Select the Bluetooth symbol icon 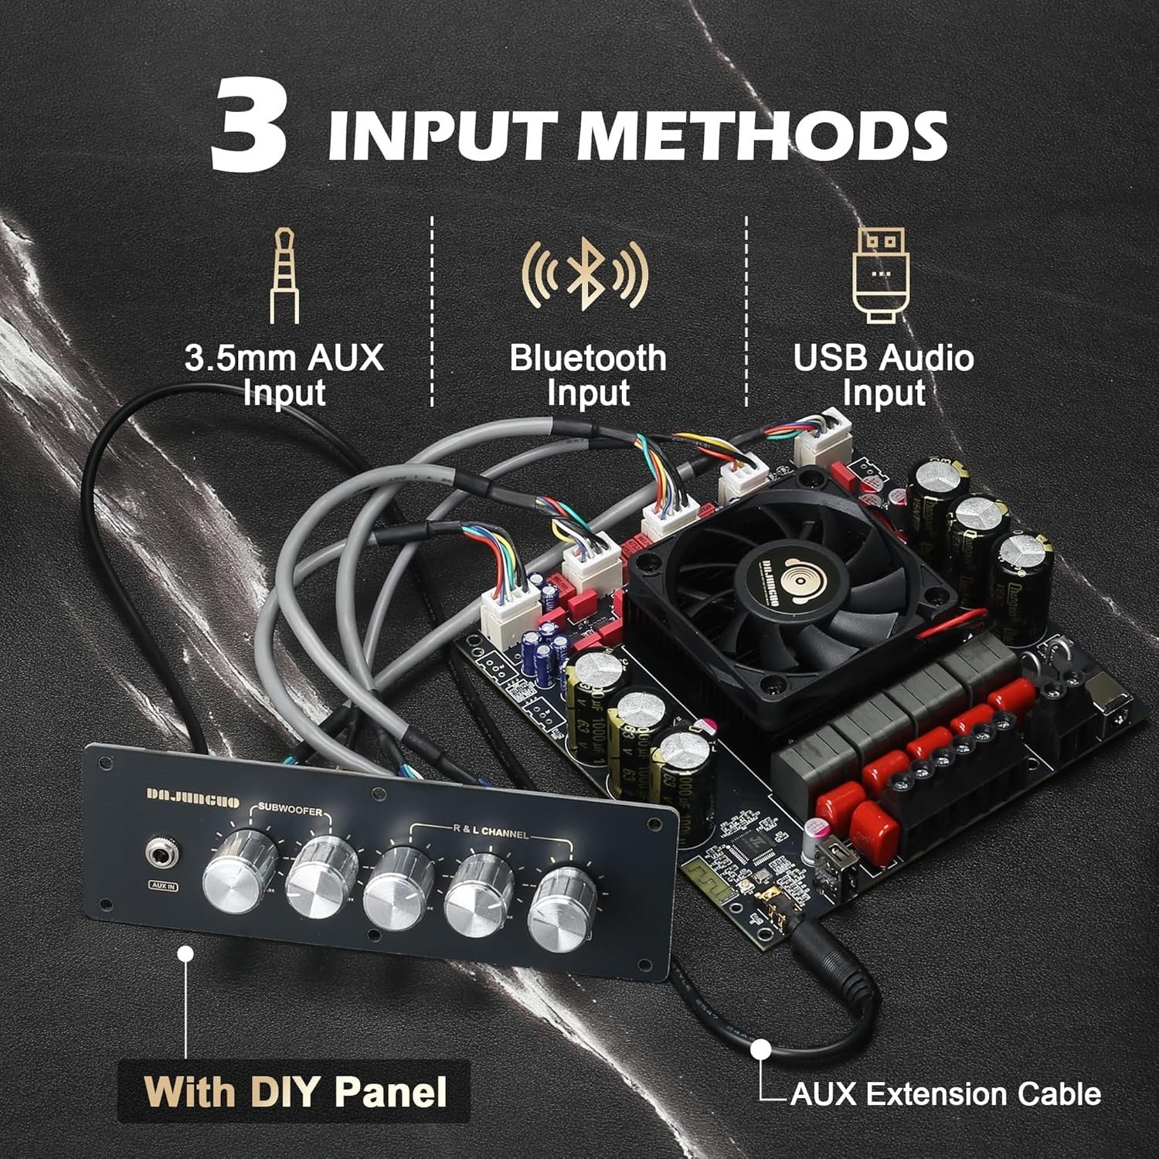[585, 275]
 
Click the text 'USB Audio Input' [883, 376]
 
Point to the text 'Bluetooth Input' [587, 376]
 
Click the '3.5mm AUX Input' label [284, 376]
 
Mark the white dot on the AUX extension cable [761, 1049]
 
